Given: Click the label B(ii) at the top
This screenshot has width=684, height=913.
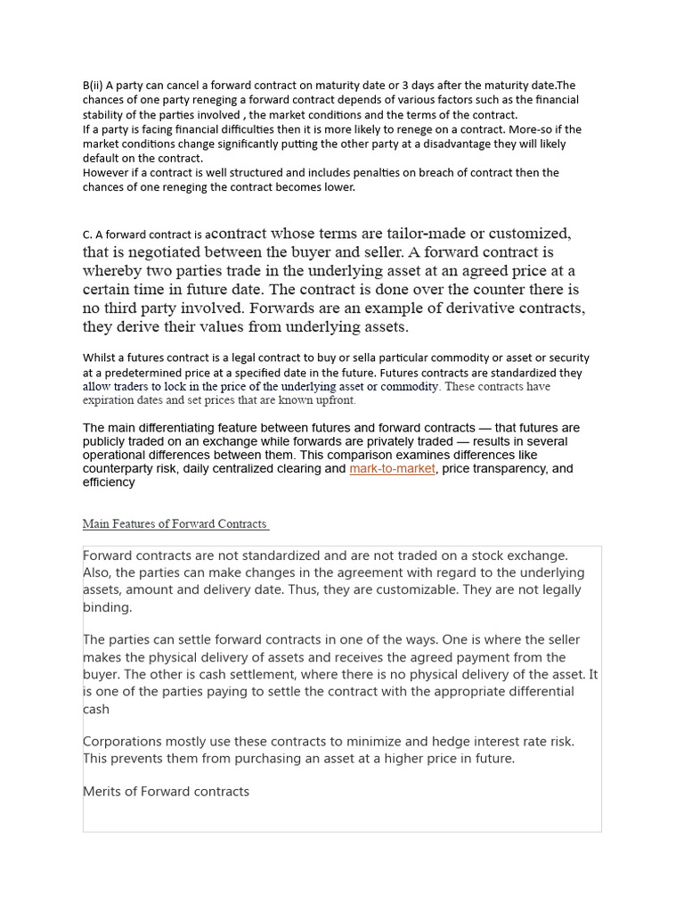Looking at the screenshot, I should (x=93, y=86).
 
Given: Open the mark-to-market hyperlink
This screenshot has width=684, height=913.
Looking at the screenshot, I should (x=392, y=469).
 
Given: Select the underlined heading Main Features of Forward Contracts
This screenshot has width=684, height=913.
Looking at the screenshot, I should (x=175, y=523).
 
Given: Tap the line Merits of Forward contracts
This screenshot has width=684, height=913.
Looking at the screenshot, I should (x=167, y=791).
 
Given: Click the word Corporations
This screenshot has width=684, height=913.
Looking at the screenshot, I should (x=124, y=742).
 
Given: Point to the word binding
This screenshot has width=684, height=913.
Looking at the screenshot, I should (x=107, y=607).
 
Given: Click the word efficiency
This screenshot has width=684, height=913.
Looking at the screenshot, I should (x=110, y=482).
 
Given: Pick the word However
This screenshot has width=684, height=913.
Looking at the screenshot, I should (x=105, y=173).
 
